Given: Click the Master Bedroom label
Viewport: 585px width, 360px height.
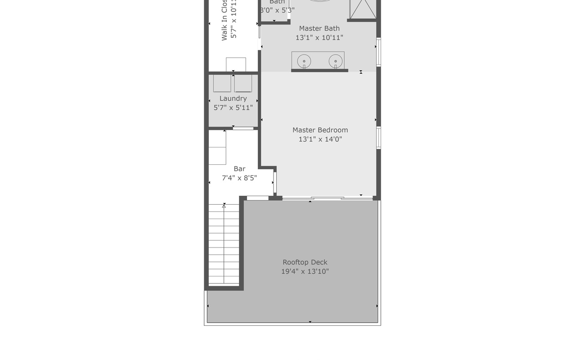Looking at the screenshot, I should pyautogui.click(x=320, y=130).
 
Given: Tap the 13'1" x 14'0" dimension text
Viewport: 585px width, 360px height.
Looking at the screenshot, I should pyautogui.click(x=320, y=139).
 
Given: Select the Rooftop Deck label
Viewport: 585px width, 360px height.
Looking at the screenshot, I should pyautogui.click(x=305, y=262).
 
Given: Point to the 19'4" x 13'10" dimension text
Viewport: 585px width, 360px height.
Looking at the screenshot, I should pyautogui.click(x=305, y=271).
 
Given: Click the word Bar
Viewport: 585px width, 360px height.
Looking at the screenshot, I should pyautogui.click(x=239, y=169).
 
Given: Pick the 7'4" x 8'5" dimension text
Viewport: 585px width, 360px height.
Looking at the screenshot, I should pyautogui.click(x=239, y=178).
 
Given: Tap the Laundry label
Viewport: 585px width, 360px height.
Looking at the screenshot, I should pyautogui.click(x=233, y=99).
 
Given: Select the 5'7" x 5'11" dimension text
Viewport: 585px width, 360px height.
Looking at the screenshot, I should pyautogui.click(x=233, y=108).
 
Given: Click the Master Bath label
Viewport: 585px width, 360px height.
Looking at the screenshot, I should pyautogui.click(x=319, y=28).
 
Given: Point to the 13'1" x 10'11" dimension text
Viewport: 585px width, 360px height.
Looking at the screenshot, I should pyautogui.click(x=319, y=38).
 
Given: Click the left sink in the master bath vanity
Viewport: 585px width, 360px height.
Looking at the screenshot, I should pyautogui.click(x=304, y=61).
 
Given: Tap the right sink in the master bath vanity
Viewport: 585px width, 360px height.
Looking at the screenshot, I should pyautogui.click(x=335, y=61).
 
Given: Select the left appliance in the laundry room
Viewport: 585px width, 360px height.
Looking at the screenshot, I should pyautogui.click(x=222, y=84).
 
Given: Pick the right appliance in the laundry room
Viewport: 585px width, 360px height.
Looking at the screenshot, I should pyautogui.click(x=243, y=84).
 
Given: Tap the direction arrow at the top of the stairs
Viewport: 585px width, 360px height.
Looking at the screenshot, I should pyautogui.click(x=224, y=206).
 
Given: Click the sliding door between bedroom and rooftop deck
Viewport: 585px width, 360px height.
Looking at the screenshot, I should pyautogui.click(x=328, y=198).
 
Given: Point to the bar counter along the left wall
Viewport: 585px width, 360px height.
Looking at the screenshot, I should pyautogui.click(x=217, y=148).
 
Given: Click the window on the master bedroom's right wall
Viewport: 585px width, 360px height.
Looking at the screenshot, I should pyautogui.click(x=378, y=138).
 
